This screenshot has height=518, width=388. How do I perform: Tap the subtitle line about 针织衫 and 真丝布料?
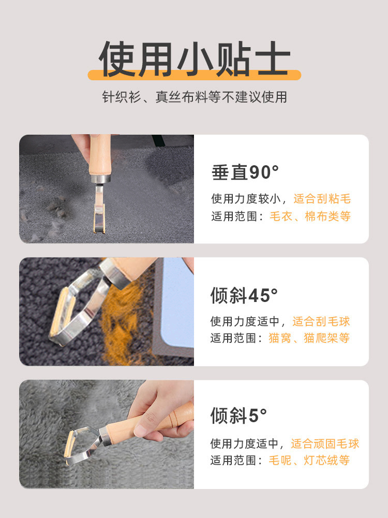click(194, 97)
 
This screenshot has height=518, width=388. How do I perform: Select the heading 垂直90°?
click(245, 172)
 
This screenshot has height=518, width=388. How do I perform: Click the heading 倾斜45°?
click(244, 295)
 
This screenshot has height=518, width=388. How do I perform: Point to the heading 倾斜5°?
click(238, 415)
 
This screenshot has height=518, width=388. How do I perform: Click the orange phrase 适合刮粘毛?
click(322, 198)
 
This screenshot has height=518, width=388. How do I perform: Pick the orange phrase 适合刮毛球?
click(321, 321)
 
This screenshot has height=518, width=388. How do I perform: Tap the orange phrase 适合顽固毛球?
click(325, 443)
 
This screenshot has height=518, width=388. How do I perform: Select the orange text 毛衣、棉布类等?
click(310, 216)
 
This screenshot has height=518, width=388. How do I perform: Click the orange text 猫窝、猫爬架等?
click(309, 338)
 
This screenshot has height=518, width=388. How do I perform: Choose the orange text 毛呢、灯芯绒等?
click(309, 460)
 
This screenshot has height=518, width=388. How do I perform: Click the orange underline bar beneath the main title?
click(194, 76)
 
